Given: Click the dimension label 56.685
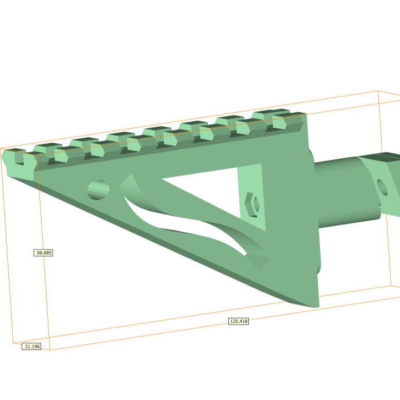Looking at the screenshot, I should (44, 253).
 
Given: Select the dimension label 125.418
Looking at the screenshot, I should (238, 322).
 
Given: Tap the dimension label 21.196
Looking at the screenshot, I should (32, 347).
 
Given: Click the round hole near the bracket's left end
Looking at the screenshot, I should (98, 190).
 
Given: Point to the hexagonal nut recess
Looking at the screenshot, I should (252, 204).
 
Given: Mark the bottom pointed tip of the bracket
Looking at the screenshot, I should (314, 305).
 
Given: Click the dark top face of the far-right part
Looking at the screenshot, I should (383, 158).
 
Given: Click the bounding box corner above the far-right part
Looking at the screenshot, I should (378, 92).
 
